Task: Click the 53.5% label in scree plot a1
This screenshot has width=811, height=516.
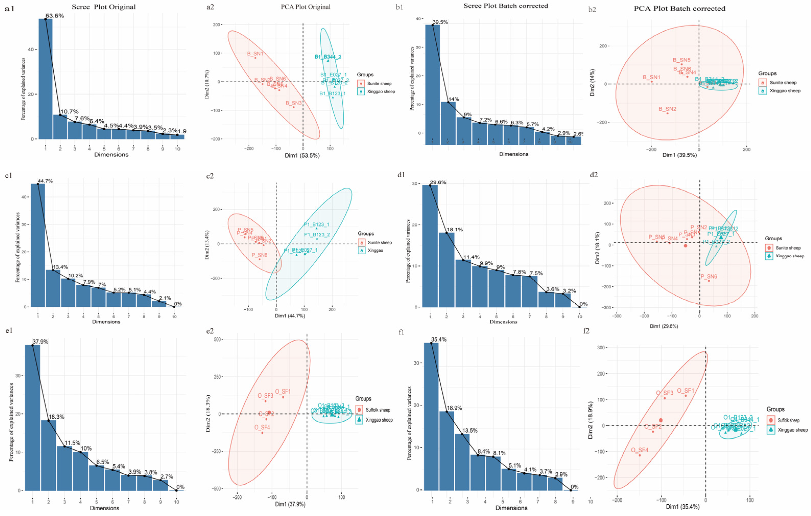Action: (55, 16)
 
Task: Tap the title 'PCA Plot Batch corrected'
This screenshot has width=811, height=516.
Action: (679, 8)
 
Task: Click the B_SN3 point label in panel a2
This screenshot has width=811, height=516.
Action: (294, 103)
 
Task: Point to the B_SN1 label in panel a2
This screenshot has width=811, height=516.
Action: (255, 54)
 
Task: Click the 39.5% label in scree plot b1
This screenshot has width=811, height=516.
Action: (440, 22)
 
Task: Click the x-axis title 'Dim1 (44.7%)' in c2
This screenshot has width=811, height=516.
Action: (290, 316)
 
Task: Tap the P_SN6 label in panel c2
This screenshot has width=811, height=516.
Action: (259, 255)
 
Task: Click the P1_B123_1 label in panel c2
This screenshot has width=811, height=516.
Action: (316, 224)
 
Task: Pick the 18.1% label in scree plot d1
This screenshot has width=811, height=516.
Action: (455, 230)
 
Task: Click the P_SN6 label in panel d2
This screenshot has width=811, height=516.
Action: (709, 276)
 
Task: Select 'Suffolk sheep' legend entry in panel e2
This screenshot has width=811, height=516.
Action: (378, 410)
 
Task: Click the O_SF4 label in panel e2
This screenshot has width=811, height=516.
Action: (262, 427)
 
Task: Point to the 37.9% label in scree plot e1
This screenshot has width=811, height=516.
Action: (40, 342)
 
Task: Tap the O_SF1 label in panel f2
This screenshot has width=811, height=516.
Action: (685, 391)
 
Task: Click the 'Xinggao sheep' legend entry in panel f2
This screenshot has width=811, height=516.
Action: (792, 430)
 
